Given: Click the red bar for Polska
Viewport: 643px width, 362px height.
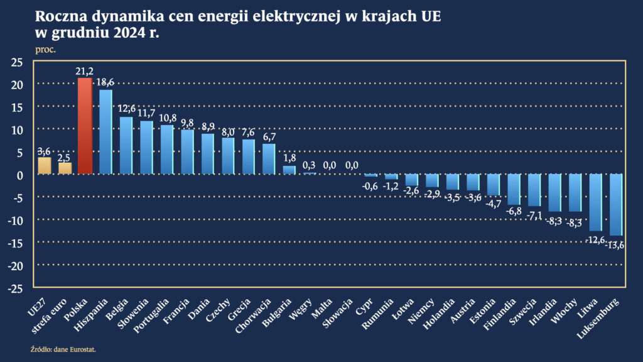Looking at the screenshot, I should (x=85, y=126).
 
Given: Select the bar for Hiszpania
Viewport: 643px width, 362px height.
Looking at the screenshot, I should (x=105, y=132).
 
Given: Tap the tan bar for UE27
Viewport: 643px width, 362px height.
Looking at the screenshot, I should (x=44, y=165).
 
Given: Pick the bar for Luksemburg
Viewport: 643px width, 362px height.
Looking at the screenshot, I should (x=616, y=205).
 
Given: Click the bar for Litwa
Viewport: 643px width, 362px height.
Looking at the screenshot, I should (x=595, y=202).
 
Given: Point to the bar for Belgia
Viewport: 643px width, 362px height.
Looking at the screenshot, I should (x=126, y=145).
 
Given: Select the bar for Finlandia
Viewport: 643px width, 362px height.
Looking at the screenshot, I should (x=514, y=189).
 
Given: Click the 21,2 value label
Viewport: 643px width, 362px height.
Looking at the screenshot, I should (x=85, y=72).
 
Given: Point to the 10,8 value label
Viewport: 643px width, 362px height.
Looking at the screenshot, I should (x=167, y=118).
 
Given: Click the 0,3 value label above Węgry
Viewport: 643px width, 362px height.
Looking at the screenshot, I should (x=310, y=165).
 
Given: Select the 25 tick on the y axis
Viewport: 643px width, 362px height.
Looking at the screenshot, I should (x=16, y=62).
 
